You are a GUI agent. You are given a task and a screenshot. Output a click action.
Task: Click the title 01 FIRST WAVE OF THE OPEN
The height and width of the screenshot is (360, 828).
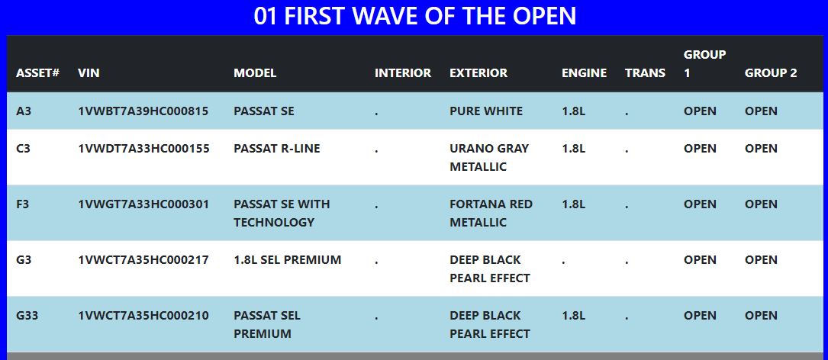pyautogui.click(x=414, y=16)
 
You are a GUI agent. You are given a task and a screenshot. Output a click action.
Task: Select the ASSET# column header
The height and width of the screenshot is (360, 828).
pyautogui.click(x=37, y=73)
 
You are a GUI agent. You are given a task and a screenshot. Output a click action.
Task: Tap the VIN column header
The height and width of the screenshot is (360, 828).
pyautogui.click(x=89, y=73)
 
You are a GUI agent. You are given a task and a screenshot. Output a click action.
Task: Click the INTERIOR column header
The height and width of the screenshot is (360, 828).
pyautogui.click(x=403, y=73)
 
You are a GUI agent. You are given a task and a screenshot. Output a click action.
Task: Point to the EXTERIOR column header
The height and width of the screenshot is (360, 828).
pyautogui.click(x=478, y=73)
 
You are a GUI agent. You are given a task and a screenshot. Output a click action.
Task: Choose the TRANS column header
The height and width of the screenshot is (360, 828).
pyautogui.click(x=646, y=73)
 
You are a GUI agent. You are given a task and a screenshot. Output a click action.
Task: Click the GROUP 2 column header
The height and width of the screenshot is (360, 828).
pyautogui.click(x=771, y=73)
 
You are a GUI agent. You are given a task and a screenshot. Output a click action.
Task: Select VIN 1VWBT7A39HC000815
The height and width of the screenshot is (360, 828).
pyautogui.click(x=143, y=111)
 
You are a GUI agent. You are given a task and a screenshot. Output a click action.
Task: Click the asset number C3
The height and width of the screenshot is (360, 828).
pyautogui.click(x=23, y=148)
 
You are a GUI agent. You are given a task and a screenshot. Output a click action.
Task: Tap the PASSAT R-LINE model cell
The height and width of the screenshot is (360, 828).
pyautogui.click(x=277, y=148)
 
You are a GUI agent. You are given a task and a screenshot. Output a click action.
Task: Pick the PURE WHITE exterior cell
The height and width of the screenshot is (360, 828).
pyautogui.click(x=486, y=111)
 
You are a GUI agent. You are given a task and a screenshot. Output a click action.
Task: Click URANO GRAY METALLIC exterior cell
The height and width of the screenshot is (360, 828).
pyautogui.click(x=489, y=157)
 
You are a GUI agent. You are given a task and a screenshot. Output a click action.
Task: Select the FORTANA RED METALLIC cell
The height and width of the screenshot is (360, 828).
pyautogui.click(x=491, y=214)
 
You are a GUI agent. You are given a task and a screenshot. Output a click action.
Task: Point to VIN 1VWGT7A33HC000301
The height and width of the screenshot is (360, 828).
pyautogui.click(x=143, y=204)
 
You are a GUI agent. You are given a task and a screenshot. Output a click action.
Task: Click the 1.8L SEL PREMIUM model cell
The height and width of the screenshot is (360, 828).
pyautogui.click(x=287, y=260)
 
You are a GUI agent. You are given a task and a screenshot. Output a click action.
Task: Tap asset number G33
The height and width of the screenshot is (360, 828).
pyautogui.click(x=27, y=315)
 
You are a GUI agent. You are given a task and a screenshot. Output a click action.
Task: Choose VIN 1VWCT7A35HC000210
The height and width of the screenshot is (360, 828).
pyautogui.click(x=143, y=315)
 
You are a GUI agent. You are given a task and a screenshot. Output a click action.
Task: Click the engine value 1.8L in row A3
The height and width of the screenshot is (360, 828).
pyautogui.click(x=573, y=111)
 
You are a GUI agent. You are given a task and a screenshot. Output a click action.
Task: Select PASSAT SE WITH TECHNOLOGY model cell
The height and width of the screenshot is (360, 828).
pyautogui.click(x=282, y=214)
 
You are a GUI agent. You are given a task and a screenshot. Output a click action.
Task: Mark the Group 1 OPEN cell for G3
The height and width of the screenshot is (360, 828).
pyautogui.click(x=701, y=260)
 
